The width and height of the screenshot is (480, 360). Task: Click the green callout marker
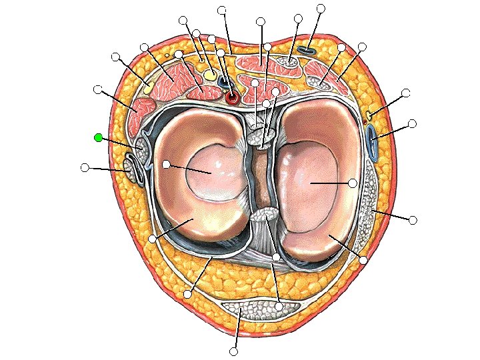99,137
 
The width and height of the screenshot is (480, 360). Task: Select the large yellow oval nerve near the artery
211,75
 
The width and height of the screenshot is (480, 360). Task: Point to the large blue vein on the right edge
373,142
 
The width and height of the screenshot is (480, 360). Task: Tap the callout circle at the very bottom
233,351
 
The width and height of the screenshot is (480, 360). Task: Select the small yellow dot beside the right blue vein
369,116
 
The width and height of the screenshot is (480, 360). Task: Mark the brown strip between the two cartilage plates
260,180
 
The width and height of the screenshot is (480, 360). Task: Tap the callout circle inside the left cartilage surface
166,164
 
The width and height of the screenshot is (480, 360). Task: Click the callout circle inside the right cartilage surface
353,182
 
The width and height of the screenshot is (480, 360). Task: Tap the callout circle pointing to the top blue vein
321,8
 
